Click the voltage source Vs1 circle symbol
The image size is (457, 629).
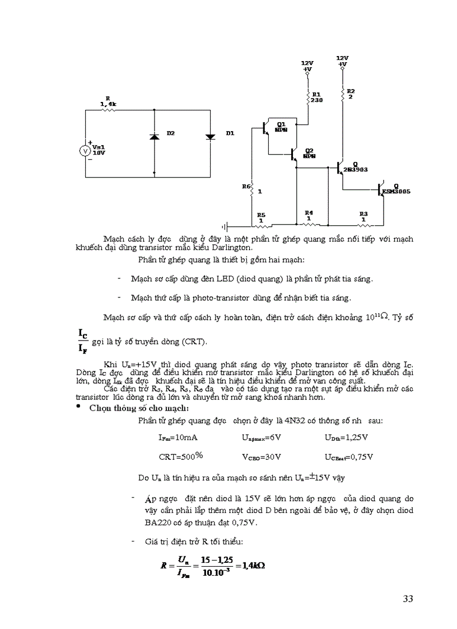coord(85,151)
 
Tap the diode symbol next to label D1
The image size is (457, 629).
coord(211,136)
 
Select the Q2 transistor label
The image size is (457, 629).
coord(309,153)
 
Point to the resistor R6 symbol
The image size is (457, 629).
coord(251,191)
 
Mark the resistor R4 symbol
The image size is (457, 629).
coord(308,224)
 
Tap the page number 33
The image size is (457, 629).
coord(407,599)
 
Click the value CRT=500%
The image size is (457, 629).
coord(181,456)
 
